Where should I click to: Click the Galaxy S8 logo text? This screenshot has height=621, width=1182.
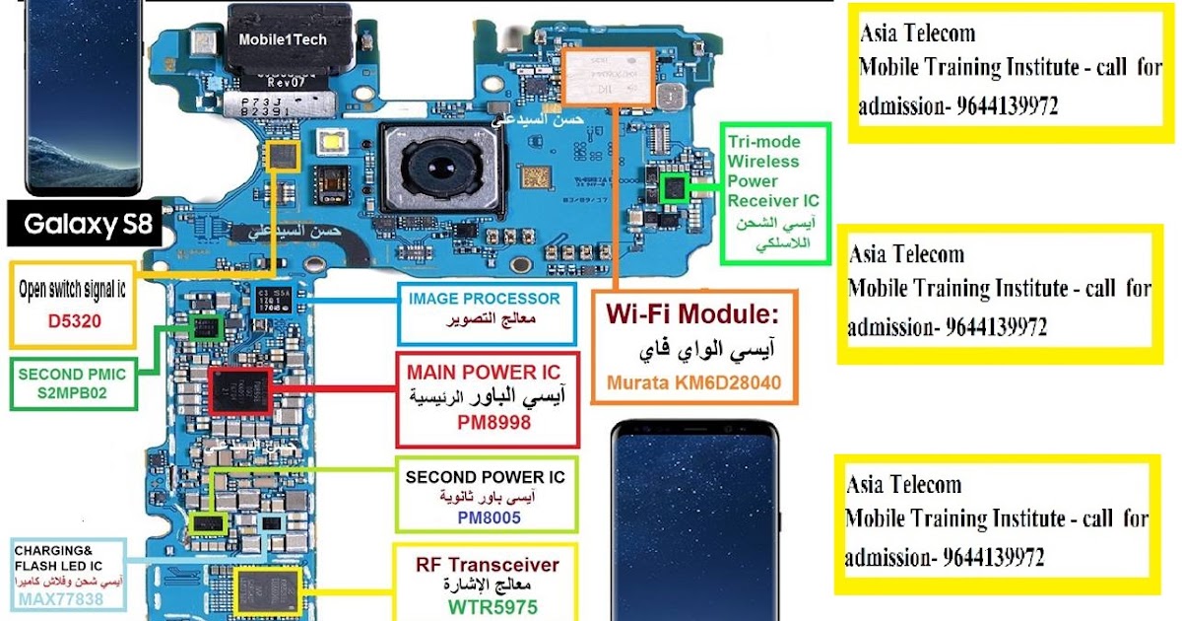click(88, 225)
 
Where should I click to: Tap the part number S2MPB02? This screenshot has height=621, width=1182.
click(74, 392)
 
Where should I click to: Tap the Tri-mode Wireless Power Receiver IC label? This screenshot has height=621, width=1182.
click(773, 172)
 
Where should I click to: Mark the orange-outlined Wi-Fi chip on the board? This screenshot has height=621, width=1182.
click(605, 78)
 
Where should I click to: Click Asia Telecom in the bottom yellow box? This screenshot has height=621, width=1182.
click(903, 484)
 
